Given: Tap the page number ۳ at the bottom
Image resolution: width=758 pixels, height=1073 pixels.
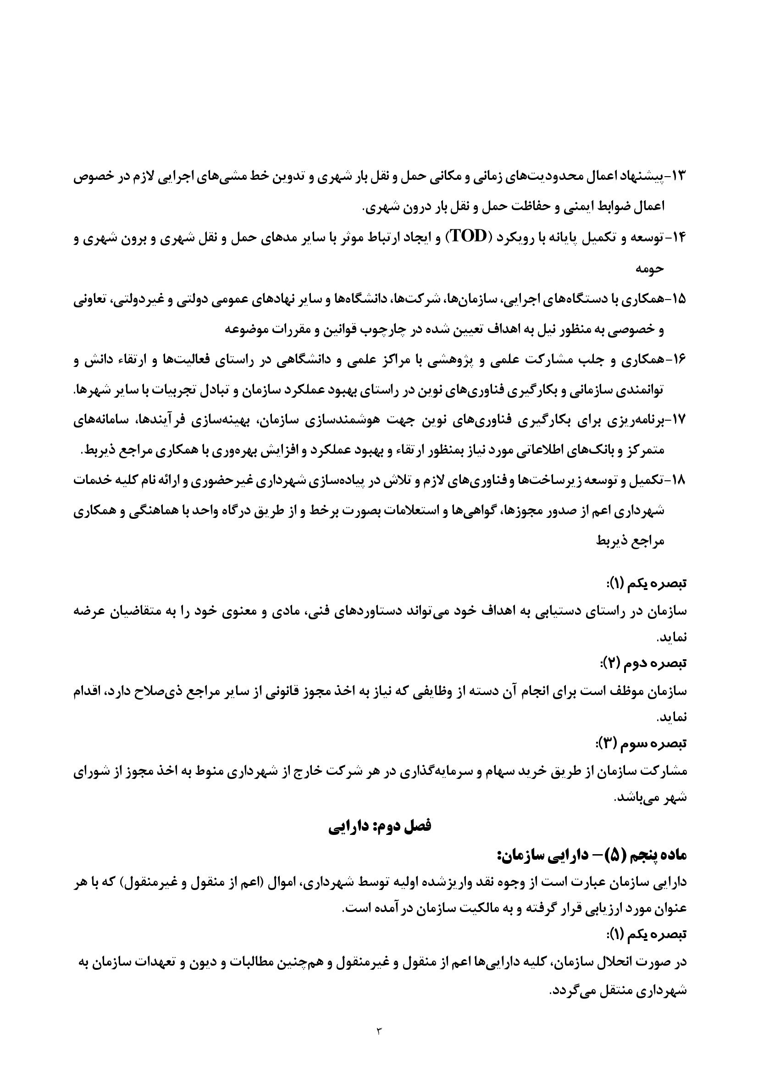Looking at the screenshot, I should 379,1029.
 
